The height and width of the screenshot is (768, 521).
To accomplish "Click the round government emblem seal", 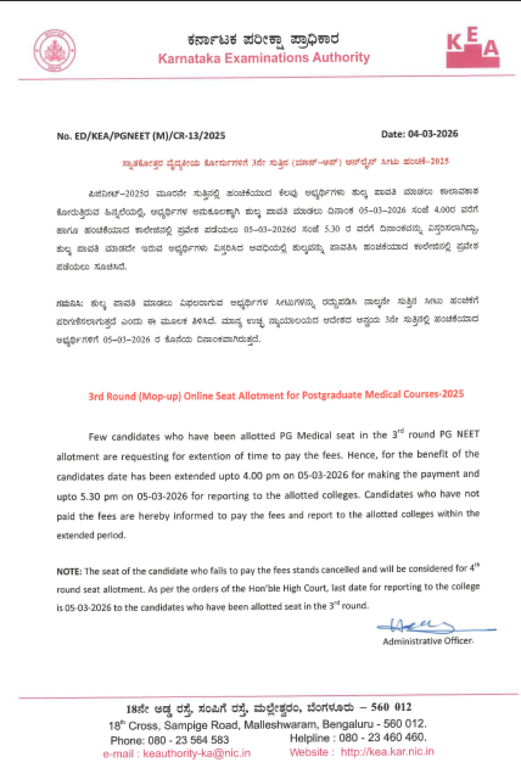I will point(54,50).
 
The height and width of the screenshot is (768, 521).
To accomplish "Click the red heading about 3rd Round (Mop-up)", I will point(276,395).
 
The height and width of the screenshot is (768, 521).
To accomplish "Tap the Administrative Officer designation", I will point(428,641).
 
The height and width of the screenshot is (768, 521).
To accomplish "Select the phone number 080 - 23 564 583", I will point(188,740).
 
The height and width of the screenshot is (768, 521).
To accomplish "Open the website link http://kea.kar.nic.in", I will point(387,752).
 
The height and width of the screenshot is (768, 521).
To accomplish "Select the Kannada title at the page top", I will point(263,40).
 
